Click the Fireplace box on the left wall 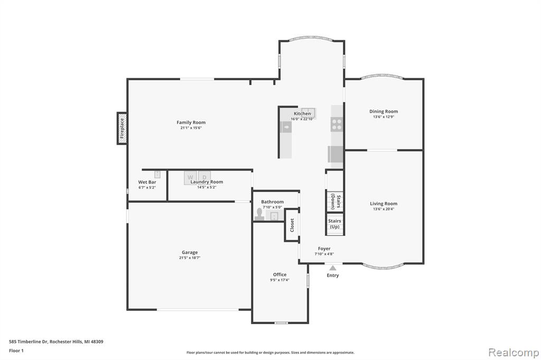click(122, 128)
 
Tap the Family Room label click(191, 122)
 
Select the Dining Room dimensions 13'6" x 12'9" click(384, 117)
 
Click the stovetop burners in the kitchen click(337, 125)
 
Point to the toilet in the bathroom click(259, 214)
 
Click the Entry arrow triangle click(333, 268)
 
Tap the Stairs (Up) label click(334, 224)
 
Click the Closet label click(292, 225)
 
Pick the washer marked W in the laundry click(190, 177)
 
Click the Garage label click(190, 252)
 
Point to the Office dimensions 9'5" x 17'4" click(279, 280)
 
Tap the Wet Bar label click(147, 182)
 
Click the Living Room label click(384, 204)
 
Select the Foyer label click(324, 249)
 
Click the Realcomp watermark click(514, 353)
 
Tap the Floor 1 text click(16, 350)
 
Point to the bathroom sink click(274, 216)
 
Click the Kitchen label click(302, 114)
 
